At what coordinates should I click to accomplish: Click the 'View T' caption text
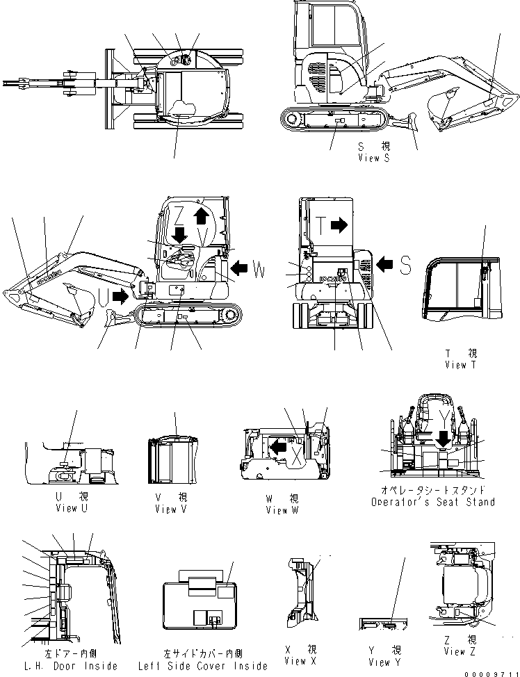point(461,365)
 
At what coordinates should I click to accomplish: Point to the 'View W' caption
point(282,510)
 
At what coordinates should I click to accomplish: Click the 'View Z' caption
point(460,651)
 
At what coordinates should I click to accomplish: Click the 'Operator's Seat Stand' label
point(432,502)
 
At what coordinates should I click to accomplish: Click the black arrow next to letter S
point(387,263)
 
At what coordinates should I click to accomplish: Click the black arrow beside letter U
point(120,297)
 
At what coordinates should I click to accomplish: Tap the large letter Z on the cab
point(179,212)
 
